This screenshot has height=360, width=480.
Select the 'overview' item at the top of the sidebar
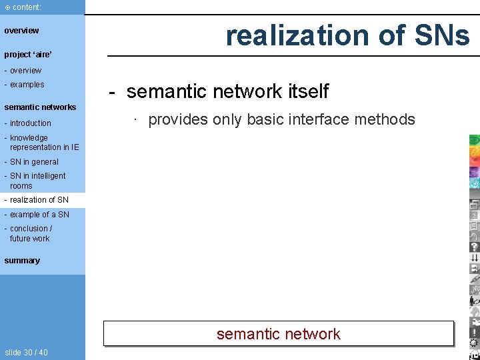pyautogui.click(x=21, y=31)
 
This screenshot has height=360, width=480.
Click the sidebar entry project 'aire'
pyautogui.click(x=28, y=55)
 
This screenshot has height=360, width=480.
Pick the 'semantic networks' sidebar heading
pyautogui.click(x=40, y=107)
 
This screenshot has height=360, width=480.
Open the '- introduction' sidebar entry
pyautogui.click(x=27, y=123)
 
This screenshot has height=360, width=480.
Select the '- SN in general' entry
pyautogui.click(x=31, y=162)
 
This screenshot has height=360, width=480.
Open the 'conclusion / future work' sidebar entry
pyautogui.click(x=30, y=233)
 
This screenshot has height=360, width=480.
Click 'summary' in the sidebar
pyautogui.click(x=22, y=261)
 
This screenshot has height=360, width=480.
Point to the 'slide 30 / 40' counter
pyautogui.click(x=26, y=352)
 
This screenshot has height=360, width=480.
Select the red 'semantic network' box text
pyautogui.click(x=278, y=334)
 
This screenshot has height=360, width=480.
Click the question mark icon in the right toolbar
pyautogui.click(x=474, y=247)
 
